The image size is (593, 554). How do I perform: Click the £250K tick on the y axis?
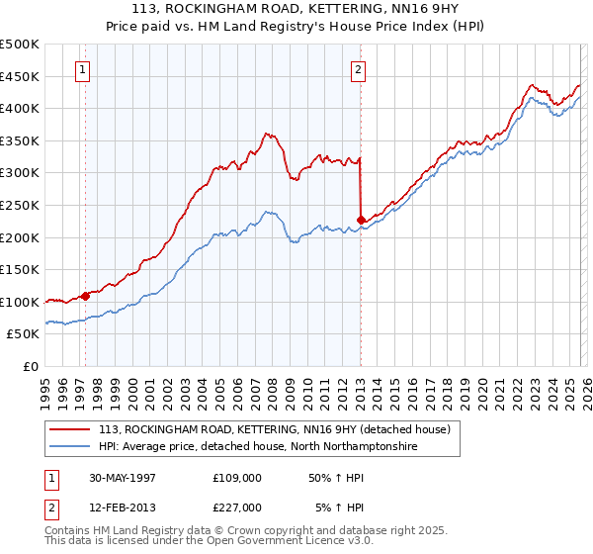pyautogui.click(x=20, y=205)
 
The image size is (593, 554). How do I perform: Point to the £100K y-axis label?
pyautogui.click(x=20, y=302)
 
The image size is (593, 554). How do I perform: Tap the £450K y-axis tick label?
pyautogui.click(x=20, y=76)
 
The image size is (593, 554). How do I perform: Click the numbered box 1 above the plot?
pyautogui.click(x=81, y=70)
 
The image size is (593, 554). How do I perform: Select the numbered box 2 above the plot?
pyautogui.click(x=357, y=70)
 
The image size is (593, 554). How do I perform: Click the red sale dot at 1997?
pyautogui.click(x=86, y=295)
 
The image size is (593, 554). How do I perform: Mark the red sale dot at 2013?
pyautogui.click(x=361, y=220)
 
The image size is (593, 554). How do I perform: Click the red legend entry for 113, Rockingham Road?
pyautogui.click(x=274, y=429)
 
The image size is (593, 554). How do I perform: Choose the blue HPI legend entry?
pyautogui.click(x=258, y=447)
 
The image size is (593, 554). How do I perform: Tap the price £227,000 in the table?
pyautogui.click(x=236, y=508)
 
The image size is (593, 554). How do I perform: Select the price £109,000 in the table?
pyautogui.click(x=236, y=477)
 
